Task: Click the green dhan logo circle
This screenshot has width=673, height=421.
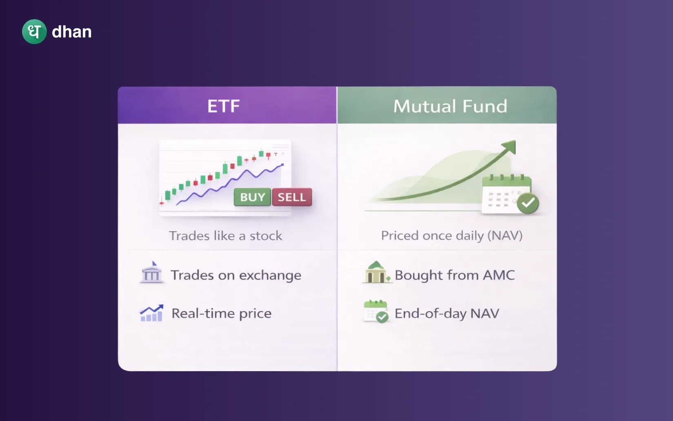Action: coord(34,31)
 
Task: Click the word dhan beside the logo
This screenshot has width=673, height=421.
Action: coord(72,32)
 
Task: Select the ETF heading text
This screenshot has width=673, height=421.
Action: coord(223,106)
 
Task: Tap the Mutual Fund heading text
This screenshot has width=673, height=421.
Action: coord(450,106)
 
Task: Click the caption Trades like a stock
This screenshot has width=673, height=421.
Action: coord(225,236)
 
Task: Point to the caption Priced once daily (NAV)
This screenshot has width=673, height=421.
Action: coord(451,235)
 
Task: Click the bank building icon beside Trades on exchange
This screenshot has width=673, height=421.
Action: coord(151,273)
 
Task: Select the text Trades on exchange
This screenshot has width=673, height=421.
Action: coord(236,275)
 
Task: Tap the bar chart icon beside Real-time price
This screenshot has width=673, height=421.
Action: coord(151,314)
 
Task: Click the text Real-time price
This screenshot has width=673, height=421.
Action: coord(221,314)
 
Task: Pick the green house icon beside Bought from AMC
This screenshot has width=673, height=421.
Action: coord(376,273)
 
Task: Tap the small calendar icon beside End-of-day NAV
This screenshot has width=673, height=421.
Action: coord(375,311)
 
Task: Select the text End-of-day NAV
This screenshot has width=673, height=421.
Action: coord(446,314)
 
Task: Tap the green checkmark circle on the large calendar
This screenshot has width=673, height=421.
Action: coord(528,203)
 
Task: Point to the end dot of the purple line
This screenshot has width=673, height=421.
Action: coord(282,165)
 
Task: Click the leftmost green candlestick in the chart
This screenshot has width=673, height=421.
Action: coord(167,195)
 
